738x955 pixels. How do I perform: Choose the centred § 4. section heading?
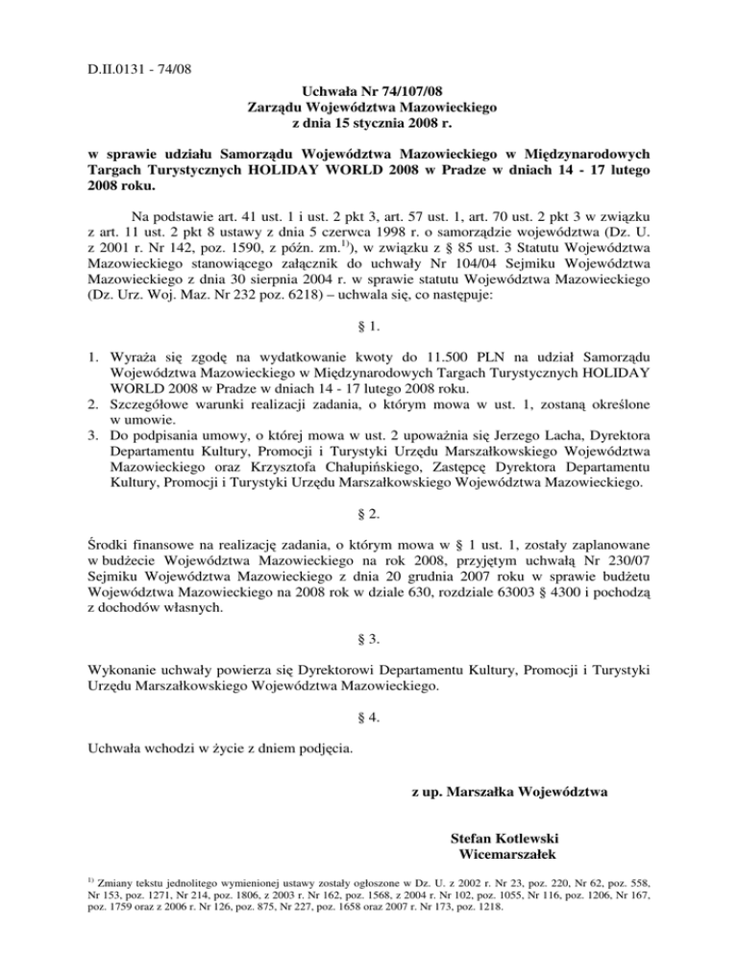tap(370, 717)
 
